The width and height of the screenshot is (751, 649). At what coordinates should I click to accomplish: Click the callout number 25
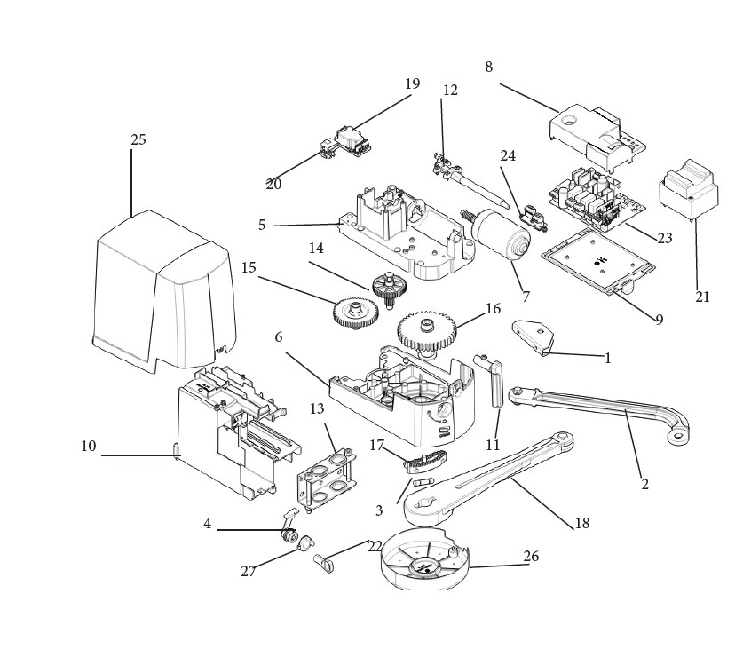pyautogui.click(x=138, y=140)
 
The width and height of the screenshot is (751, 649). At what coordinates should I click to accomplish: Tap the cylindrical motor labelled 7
pyautogui.click(x=498, y=235)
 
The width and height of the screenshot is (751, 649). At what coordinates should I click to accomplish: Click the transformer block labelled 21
pyautogui.click(x=688, y=190)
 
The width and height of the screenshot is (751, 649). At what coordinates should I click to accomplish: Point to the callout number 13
pyautogui.click(x=317, y=408)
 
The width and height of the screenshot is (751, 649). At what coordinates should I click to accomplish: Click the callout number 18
pyautogui.click(x=582, y=524)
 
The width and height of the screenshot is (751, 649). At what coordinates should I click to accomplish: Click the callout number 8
pyautogui.click(x=488, y=67)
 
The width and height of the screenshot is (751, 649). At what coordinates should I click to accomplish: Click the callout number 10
pyautogui.click(x=89, y=446)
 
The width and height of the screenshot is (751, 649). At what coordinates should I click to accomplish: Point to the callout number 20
pyautogui.click(x=274, y=185)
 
